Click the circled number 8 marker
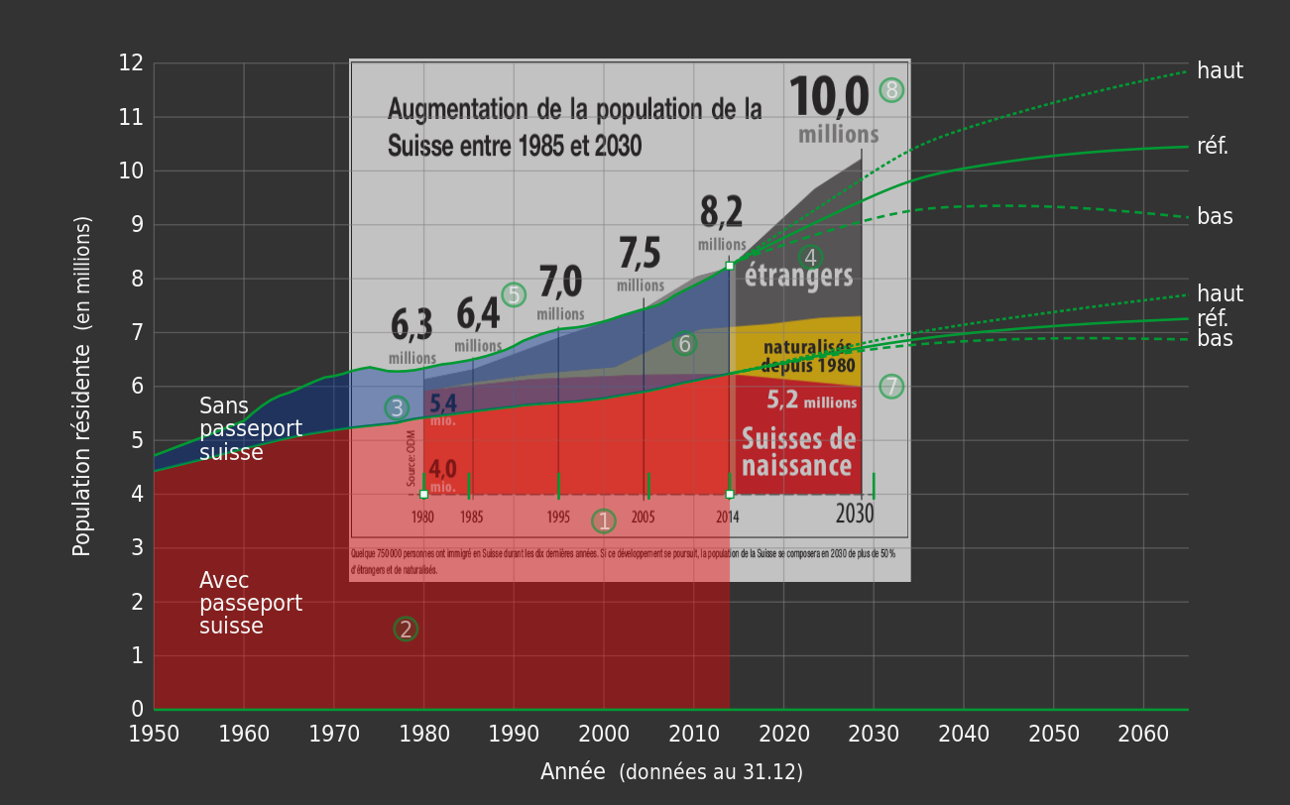click(x=891, y=90)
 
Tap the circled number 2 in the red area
click(x=406, y=630)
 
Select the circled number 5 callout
click(x=514, y=294)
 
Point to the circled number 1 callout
click(x=604, y=521)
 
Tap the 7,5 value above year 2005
click(x=640, y=254)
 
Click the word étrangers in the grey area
click(x=798, y=276)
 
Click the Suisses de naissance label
click(x=798, y=452)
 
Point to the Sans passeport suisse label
click(x=250, y=429)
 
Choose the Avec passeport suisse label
click(x=250, y=604)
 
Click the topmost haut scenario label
click(x=1220, y=71)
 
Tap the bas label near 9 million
click(x=1215, y=217)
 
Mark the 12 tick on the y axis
click(x=131, y=63)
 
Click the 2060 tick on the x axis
click(x=1143, y=735)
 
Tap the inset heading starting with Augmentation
click(x=574, y=127)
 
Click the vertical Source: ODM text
click(x=411, y=457)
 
